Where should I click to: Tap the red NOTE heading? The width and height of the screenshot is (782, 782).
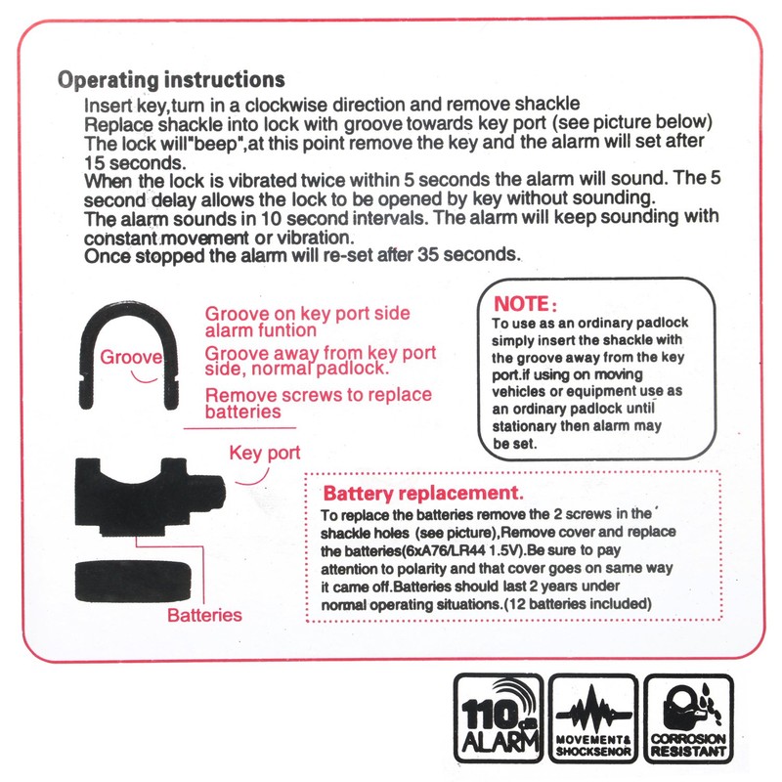[x=526, y=304]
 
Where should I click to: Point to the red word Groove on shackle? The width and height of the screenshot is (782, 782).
[x=131, y=358]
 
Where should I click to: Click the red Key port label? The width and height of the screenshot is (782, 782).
[x=264, y=454]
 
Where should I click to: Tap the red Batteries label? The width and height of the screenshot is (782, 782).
[x=204, y=615]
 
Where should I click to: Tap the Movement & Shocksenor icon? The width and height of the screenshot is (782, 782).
[x=592, y=718]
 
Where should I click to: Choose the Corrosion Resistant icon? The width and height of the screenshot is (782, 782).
[x=689, y=718]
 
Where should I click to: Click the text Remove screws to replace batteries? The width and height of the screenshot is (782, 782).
[x=318, y=404]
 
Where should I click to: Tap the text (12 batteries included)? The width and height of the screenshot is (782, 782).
[x=575, y=604]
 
